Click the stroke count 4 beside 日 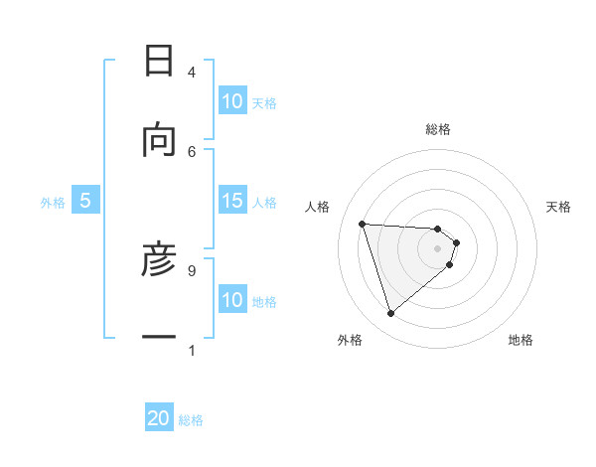192,73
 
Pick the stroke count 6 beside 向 192,151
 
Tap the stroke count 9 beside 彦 192,269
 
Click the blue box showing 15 232,202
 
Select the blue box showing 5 85,202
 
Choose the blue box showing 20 159,419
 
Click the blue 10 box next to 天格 232,101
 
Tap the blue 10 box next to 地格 232,300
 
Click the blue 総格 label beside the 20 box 192,420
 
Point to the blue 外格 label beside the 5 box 53,203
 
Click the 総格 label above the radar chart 438,129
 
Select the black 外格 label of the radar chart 350,341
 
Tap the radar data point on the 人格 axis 363,224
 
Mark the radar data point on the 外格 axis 390,314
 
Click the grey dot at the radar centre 438,248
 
